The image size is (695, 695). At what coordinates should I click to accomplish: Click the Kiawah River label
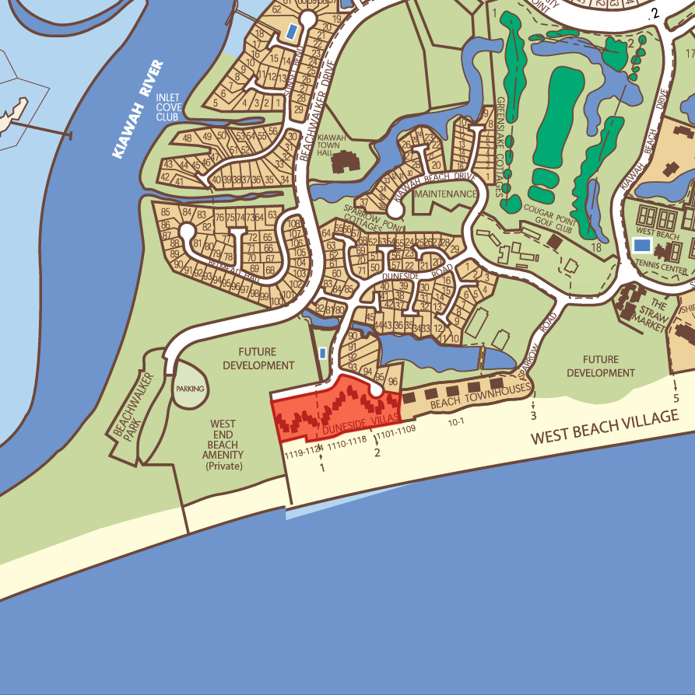point(138,110)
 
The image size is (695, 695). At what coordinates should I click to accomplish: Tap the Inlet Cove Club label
point(168,107)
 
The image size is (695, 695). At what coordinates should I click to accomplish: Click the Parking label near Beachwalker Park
point(190,388)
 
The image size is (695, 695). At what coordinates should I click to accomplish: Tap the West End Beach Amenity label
point(223,445)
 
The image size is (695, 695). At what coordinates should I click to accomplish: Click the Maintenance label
point(446,194)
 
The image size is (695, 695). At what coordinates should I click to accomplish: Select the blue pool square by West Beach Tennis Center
point(642,245)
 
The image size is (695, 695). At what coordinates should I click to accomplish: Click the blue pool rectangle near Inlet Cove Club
point(291,32)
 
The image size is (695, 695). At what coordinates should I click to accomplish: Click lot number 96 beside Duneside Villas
point(392,381)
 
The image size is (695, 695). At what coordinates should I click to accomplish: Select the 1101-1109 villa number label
point(398,428)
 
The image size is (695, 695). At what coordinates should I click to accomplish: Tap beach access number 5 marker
point(676,397)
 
